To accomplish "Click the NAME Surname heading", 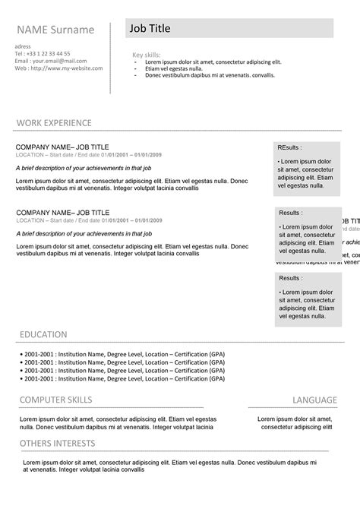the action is point(55,30).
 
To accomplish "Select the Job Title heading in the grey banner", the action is point(150,29).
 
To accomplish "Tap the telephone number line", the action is point(43,54).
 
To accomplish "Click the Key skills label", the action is point(147,55).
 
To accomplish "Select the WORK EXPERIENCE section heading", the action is point(54,122).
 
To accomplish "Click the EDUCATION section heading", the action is point(43,334).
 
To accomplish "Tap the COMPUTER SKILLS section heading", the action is point(55,400).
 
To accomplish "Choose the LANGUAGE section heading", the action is point(314,400).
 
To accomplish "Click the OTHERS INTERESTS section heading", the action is point(58,443).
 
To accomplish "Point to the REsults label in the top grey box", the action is point(289,147).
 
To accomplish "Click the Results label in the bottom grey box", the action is point(290,279).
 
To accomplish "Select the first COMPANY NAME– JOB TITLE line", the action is point(63,147).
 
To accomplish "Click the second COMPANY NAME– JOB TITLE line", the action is point(63,212).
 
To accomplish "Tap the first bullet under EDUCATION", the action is point(122,354).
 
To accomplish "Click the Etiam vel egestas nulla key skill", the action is point(179,68).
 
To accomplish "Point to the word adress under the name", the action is point(23,46).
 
